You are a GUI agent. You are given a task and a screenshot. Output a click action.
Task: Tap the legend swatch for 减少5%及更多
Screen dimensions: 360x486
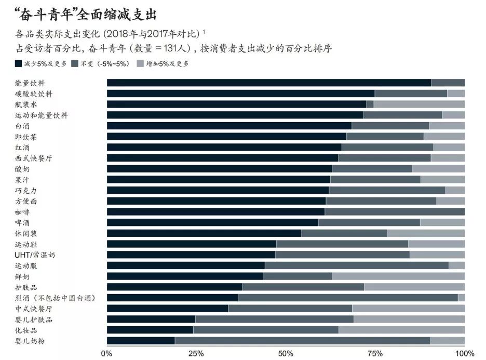19,64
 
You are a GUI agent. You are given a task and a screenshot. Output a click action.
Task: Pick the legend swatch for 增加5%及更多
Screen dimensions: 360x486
139,64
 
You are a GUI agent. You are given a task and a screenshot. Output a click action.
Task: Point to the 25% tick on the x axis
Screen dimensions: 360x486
196,353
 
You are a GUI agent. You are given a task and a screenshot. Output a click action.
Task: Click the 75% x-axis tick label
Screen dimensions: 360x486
375,353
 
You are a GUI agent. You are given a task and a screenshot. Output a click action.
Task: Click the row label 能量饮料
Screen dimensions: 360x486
30,83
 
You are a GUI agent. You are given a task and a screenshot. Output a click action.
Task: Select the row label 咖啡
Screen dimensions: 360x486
23,212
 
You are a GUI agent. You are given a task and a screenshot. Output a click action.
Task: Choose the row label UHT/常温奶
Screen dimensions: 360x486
35,255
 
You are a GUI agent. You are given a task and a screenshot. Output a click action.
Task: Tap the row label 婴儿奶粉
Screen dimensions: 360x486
30,341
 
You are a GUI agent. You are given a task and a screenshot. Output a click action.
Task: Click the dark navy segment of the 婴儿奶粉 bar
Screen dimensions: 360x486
141,341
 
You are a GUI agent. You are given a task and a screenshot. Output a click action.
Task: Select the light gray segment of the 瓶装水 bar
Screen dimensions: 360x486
419,104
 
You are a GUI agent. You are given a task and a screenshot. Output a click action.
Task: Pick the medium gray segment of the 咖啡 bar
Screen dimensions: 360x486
395,212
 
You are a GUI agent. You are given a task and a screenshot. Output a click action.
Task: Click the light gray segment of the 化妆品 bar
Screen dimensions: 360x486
401,330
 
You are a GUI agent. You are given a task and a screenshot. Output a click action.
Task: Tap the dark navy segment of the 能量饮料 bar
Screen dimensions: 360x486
269,83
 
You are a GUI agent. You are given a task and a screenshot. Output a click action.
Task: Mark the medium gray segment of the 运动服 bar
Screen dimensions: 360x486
357,265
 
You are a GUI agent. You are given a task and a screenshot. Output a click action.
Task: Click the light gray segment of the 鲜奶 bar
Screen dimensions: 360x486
398,276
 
